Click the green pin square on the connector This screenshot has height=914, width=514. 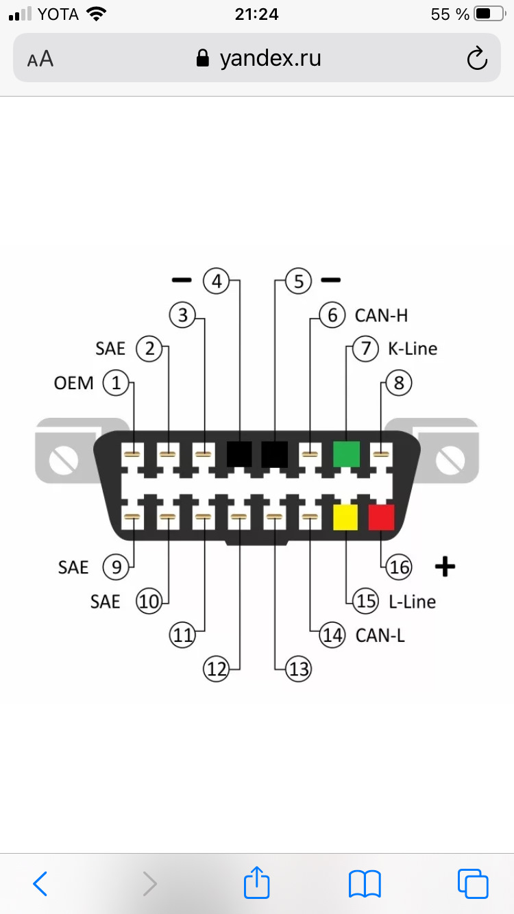(x=346, y=454)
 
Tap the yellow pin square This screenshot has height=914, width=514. (x=345, y=517)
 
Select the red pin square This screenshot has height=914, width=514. (x=381, y=517)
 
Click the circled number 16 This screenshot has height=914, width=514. (x=399, y=567)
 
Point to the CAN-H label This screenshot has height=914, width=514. (x=381, y=315)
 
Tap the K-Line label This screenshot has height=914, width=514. (x=413, y=349)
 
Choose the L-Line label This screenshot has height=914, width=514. (x=412, y=602)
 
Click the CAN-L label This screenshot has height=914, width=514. (x=380, y=635)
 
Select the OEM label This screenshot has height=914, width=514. (x=73, y=383)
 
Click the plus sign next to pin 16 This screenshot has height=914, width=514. (x=445, y=567)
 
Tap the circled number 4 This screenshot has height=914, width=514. (x=217, y=281)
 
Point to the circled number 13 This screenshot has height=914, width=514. (x=298, y=669)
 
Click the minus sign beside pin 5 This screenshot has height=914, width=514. (x=331, y=280)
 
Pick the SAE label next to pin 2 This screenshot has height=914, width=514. (x=110, y=349)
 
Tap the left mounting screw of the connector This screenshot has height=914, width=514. (x=64, y=460)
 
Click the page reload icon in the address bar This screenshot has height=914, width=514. (x=477, y=58)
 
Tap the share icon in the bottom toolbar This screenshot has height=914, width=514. (x=257, y=882)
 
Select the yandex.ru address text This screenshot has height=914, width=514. (x=270, y=58)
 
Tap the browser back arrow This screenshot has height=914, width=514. (x=40, y=883)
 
